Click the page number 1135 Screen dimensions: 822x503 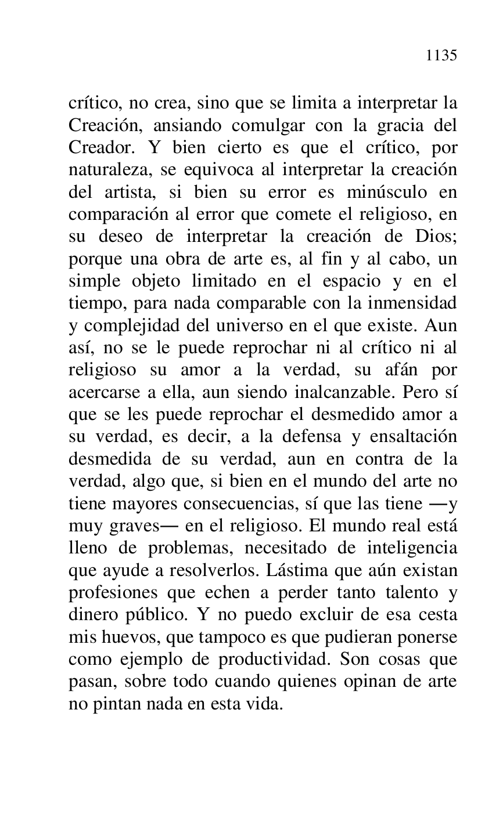point(441,56)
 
